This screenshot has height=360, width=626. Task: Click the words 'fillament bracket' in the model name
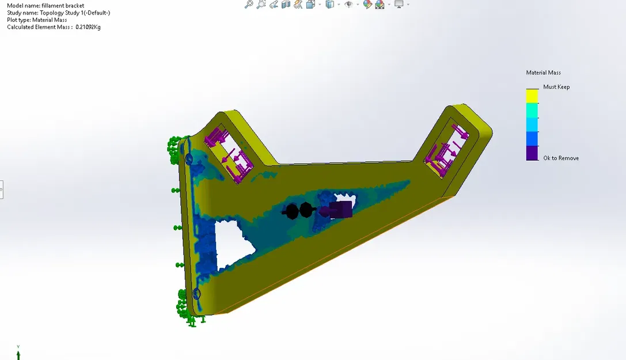(x=63, y=6)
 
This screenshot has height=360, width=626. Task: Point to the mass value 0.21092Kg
(x=88, y=27)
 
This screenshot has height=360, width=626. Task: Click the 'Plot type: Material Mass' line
(x=37, y=20)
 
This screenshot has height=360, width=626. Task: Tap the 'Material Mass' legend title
(x=543, y=73)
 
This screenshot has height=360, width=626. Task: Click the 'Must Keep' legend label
(x=556, y=87)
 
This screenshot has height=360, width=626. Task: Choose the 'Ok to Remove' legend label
(x=561, y=158)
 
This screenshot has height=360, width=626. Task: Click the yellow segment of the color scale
(x=532, y=96)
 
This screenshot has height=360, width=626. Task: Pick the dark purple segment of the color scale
(x=532, y=153)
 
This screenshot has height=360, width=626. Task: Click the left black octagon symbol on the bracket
(x=292, y=211)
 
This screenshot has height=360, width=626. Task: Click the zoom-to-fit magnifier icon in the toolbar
(x=249, y=5)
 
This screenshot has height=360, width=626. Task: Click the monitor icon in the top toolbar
(x=399, y=5)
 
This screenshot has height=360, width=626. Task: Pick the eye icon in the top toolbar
(x=348, y=5)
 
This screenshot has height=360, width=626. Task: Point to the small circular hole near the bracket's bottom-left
(x=196, y=294)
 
